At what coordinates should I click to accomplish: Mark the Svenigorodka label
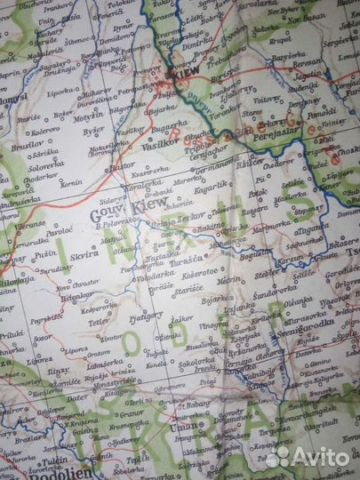pyautogui.click(x=306, y=323)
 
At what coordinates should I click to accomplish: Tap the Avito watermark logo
pyautogui.click(x=308, y=457)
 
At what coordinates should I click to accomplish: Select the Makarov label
pyautogui.click(x=97, y=92)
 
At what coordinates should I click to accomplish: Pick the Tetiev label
pyautogui.click(x=99, y=324)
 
